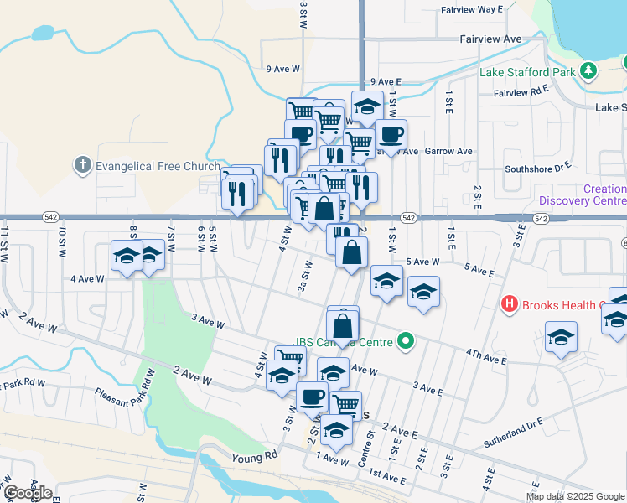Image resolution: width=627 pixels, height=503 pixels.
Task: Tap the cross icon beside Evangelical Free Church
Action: (x=82, y=165)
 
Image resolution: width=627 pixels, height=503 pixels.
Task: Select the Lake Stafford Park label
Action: (x=527, y=72)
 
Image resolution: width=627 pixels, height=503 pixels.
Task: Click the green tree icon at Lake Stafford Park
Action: (x=588, y=71)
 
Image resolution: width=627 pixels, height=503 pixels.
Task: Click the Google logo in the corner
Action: (x=28, y=492)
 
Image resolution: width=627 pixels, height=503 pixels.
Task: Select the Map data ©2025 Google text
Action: (x=574, y=496)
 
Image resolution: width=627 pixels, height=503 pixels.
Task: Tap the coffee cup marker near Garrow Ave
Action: (x=391, y=134)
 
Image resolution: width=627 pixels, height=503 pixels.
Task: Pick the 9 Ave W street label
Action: (x=282, y=70)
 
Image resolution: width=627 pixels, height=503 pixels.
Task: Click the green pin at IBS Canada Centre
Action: (x=406, y=341)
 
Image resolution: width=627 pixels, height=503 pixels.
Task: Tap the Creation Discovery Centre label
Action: (x=582, y=194)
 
